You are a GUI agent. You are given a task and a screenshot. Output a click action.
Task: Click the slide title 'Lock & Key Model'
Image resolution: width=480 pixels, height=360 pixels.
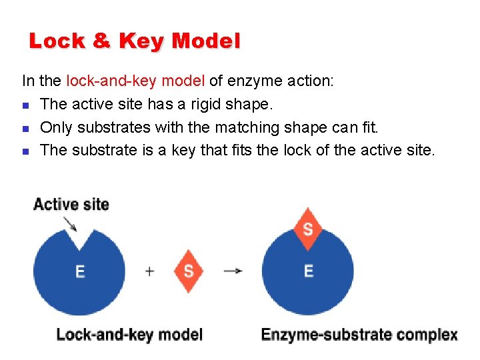[134, 41]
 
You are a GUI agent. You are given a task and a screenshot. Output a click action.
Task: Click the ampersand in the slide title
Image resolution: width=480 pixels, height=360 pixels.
[102, 41]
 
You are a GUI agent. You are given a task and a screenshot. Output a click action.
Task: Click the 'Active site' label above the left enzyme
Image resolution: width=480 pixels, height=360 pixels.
[71, 204]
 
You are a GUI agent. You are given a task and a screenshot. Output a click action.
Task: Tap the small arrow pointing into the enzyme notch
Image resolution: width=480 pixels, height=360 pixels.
[70, 223]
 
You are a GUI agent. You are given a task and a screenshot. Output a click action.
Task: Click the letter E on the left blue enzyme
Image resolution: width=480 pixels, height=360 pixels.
[80, 271]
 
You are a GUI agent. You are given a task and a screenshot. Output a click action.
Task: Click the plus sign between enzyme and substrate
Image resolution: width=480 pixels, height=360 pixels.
[149, 271]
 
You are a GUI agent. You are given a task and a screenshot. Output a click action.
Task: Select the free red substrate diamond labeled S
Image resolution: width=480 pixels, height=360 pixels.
[189, 271]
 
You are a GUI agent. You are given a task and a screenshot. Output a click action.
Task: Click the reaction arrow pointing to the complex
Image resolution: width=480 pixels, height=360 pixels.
[233, 271]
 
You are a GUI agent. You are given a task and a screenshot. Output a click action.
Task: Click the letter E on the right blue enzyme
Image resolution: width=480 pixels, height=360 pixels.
[308, 271]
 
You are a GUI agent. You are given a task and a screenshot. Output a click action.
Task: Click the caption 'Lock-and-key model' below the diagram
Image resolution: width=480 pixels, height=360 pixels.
[129, 334]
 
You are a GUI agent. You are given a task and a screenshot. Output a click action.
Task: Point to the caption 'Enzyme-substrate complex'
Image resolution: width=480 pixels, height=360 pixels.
[359, 334]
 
